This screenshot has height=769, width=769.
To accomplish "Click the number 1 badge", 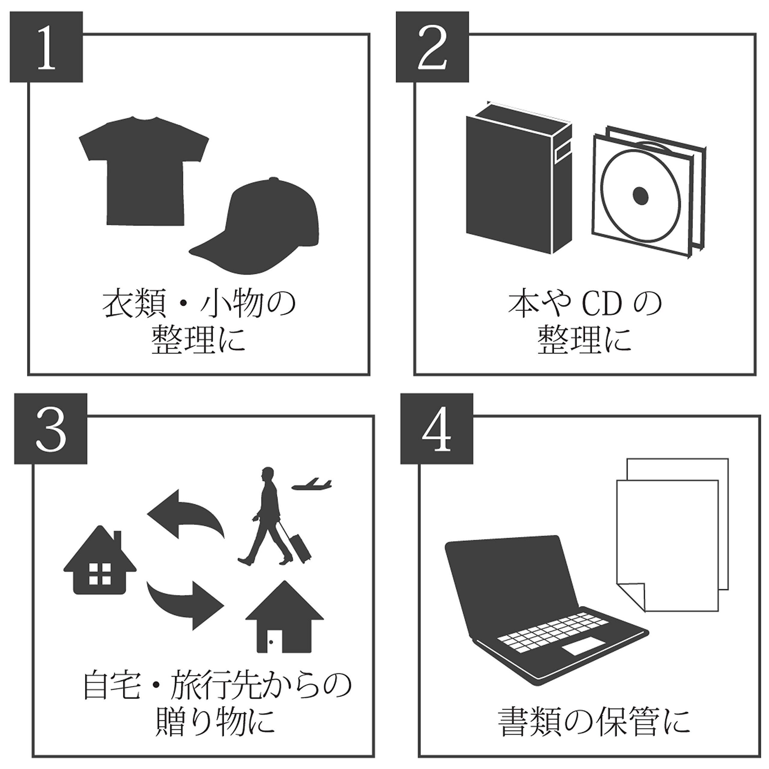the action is [x=46, y=47].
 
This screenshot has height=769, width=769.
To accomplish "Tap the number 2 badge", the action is [x=432, y=47].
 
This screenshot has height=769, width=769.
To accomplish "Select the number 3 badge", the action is [x=50, y=429].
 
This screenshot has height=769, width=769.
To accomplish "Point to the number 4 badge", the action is [x=437, y=429].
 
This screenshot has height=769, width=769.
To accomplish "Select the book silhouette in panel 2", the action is [x=513, y=179].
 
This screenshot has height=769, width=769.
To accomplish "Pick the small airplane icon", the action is [x=312, y=484].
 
